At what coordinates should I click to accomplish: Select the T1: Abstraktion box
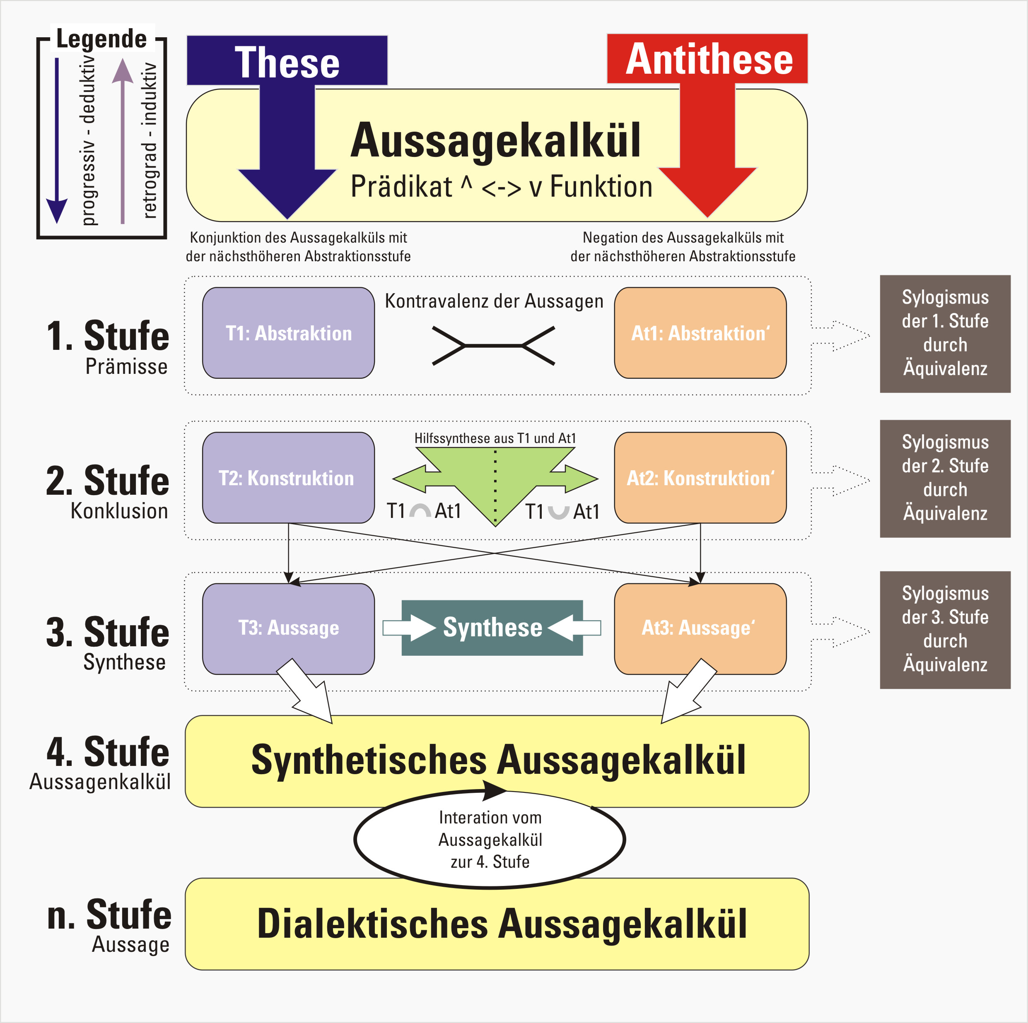288,333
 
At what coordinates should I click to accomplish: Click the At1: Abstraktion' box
700,333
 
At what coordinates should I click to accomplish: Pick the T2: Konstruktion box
288,478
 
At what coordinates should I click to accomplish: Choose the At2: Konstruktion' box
700,478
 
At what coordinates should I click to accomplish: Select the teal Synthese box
492,628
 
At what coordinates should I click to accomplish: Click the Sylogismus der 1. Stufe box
945,334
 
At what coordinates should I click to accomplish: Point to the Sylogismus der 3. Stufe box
945,630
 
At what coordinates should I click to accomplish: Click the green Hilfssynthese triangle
495,479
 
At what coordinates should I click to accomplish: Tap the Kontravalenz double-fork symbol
493,346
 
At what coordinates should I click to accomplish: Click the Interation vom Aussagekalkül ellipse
490,840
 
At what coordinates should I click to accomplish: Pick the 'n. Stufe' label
109,915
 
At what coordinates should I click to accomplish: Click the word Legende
101,39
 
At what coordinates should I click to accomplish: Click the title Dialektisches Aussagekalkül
502,924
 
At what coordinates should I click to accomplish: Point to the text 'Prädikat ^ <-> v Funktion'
501,187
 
